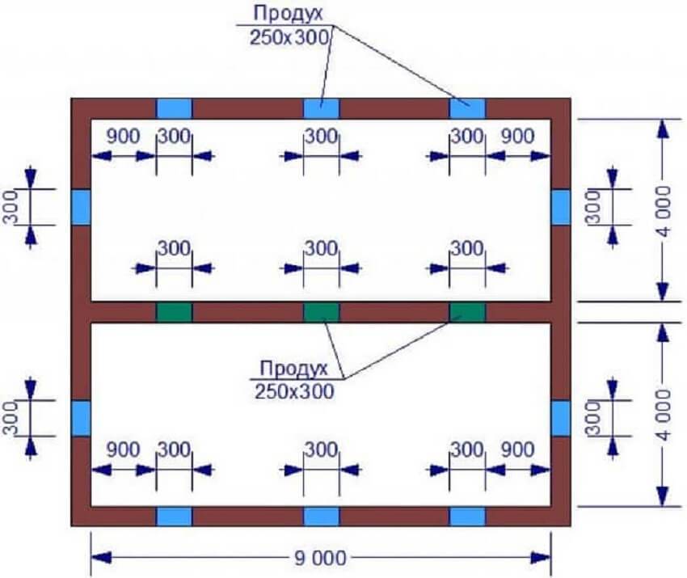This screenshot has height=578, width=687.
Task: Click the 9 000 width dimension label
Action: point(321,558)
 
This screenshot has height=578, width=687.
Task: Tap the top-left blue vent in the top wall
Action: point(174,108)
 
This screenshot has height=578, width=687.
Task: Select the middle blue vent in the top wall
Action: point(321,108)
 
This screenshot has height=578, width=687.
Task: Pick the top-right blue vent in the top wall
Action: point(468,108)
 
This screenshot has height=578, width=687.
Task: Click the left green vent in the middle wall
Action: point(174,312)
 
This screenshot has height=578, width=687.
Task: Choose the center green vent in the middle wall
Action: point(321,312)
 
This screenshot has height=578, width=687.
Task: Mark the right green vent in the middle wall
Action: point(467,312)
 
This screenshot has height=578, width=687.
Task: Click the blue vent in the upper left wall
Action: point(81,207)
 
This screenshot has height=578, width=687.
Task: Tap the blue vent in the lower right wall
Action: point(561,418)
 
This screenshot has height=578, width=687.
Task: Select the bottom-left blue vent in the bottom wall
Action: point(174,517)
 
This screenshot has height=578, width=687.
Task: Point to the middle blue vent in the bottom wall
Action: point(321,517)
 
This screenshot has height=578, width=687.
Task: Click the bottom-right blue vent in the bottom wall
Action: point(467,517)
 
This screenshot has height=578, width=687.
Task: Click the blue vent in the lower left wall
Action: point(81,418)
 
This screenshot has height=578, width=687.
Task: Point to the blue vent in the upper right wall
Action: point(561,207)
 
